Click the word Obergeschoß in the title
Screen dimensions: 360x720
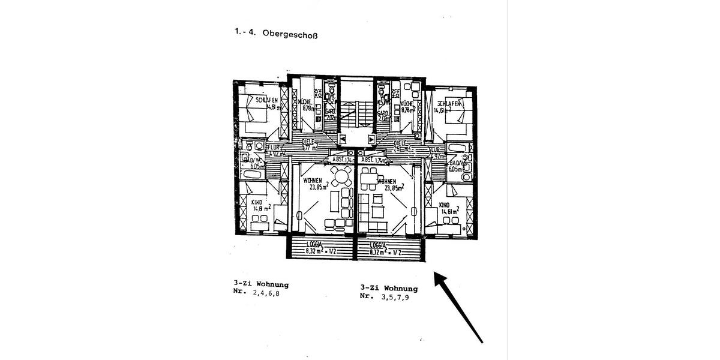pos(290,35)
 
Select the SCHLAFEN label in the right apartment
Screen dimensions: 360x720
pos(448,103)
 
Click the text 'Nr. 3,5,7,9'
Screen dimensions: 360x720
pos(388,296)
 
